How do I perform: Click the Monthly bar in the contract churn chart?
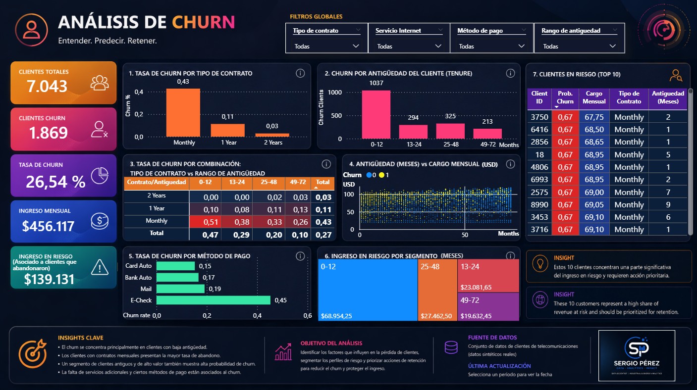click(x=183, y=113)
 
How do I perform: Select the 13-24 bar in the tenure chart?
click(x=413, y=132)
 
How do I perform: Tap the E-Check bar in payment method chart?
click(x=214, y=300)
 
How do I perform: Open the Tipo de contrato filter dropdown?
click(x=356, y=46)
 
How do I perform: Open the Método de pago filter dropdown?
click(x=521, y=46)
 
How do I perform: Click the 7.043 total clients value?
click(x=47, y=87)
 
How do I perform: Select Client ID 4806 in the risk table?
click(x=539, y=167)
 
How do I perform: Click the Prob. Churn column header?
click(x=565, y=97)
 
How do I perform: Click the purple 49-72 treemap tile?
click(x=488, y=307)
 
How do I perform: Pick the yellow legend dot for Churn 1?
click(x=381, y=175)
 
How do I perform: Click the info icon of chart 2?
click(x=510, y=73)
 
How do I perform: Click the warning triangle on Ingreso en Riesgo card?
click(x=100, y=268)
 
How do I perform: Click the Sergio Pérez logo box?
click(x=636, y=355)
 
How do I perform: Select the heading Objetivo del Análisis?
click(x=331, y=343)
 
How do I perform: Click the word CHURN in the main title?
click(x=203, y=22)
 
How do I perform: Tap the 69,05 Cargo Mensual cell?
click(x=594, y=204)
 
